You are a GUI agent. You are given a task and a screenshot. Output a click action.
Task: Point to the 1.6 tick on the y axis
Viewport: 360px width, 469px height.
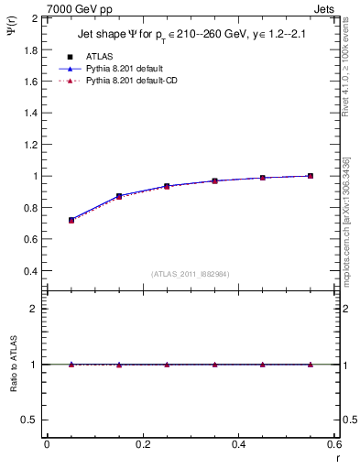[33, 81]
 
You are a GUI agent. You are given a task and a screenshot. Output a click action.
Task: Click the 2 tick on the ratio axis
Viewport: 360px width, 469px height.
[33, 309]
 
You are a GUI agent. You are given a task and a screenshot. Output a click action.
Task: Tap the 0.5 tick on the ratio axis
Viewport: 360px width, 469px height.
[31, 420]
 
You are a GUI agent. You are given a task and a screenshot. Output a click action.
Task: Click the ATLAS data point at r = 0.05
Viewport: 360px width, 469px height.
[71, 220]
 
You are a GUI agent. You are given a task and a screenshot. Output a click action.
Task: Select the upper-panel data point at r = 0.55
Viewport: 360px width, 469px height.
[311, 176]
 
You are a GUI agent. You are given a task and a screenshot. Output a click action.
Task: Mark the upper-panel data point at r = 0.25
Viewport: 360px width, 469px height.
[167, 186]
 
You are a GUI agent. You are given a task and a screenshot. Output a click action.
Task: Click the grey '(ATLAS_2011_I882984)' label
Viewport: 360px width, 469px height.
[191, 274]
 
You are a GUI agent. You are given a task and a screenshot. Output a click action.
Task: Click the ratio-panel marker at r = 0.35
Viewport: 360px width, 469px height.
[215, 365]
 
